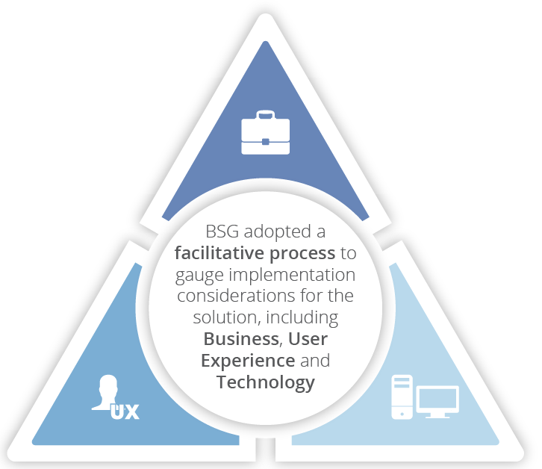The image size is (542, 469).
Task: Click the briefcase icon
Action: (x=265, y=133)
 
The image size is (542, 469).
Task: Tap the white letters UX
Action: (x=125, y=410)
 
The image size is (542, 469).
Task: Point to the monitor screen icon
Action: (x=437, y=400)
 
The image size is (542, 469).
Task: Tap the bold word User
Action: (x=308, y=339)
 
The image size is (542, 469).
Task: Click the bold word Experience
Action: (x=247, y=361)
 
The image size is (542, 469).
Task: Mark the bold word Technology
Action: (x=265, y=382)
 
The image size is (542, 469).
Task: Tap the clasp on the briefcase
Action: (x=265, y=141)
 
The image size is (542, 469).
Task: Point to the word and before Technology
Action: (x=314, y=361)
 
